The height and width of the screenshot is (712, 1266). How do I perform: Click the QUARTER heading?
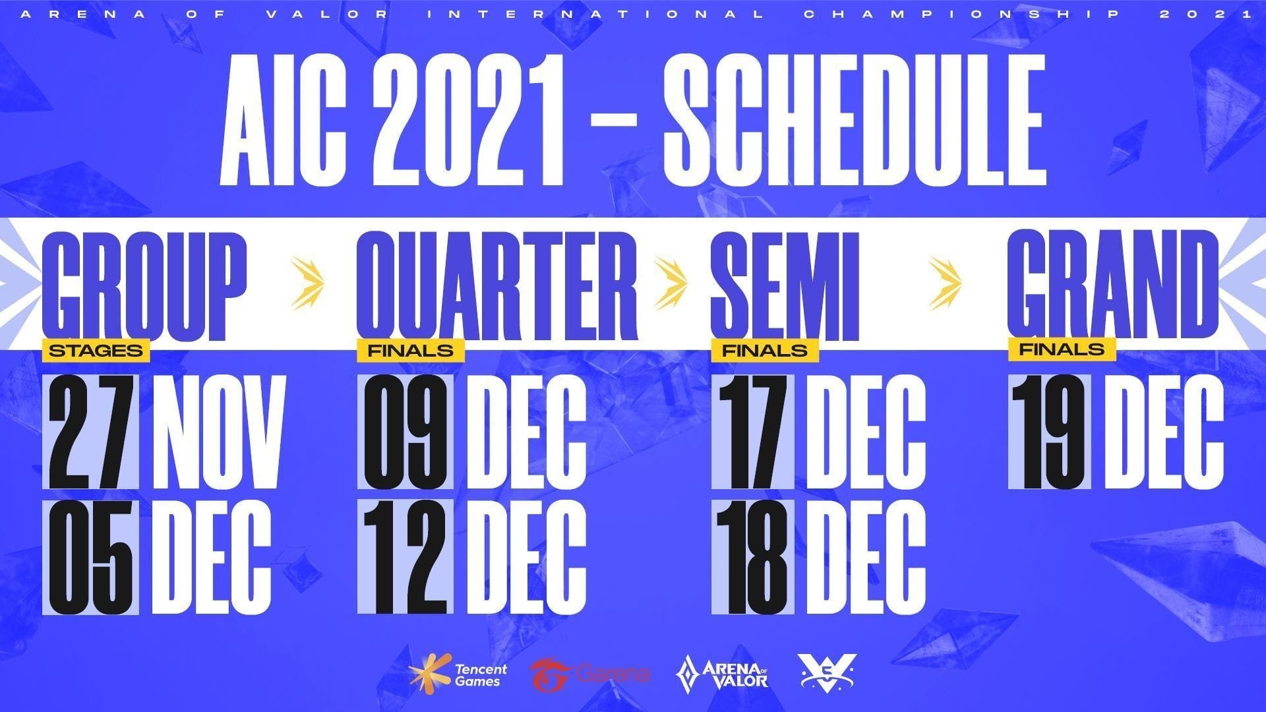497,289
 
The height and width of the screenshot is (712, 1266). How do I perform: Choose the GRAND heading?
1114,289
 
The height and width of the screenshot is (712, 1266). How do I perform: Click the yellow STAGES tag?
96,351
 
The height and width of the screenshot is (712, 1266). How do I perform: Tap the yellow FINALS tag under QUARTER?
411,351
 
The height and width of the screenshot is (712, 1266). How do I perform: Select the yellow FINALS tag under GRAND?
1062,349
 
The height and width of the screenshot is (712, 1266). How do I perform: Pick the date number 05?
90,558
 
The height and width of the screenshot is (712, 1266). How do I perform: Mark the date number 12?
406,558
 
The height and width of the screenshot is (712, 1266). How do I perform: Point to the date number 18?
753,558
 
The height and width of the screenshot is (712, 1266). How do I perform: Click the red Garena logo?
589,674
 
